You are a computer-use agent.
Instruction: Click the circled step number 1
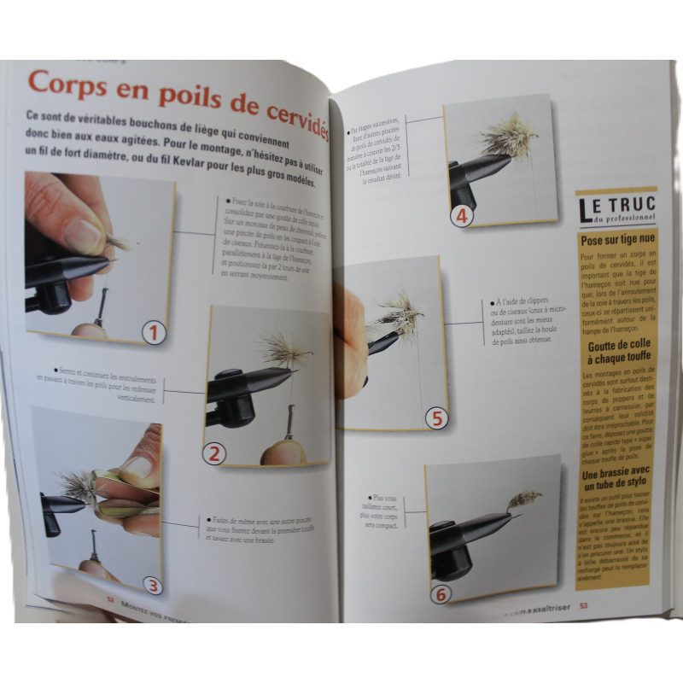[x=154, y=331]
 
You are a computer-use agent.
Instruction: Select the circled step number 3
[x=151, y=585]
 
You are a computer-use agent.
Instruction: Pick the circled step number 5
[x=436, y=417]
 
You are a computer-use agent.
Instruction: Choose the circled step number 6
[x=440, y=594]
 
